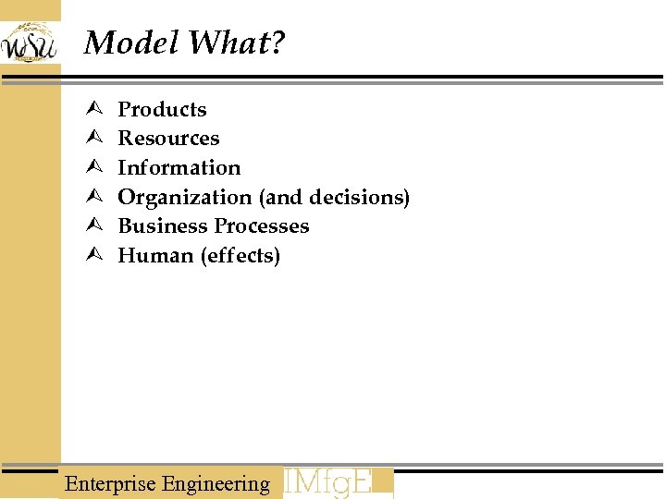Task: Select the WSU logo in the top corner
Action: click(30, 42)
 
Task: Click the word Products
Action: click(162, 109)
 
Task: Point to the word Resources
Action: click(168, 139)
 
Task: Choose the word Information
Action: click(179, 168)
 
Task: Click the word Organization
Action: click(185, 198)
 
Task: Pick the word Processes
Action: click(262, 226)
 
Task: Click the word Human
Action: click(155, 256)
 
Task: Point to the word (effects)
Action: click(240, 256)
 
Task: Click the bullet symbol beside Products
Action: click(92, 110)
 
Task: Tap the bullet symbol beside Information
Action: click(92, 168)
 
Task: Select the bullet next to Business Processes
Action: click(92, 226)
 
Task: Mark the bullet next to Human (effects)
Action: click(92, 256)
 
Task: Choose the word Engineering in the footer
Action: click(216, 483)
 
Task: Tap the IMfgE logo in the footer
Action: click(338, 482)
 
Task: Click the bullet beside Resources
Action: click(92, 139)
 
